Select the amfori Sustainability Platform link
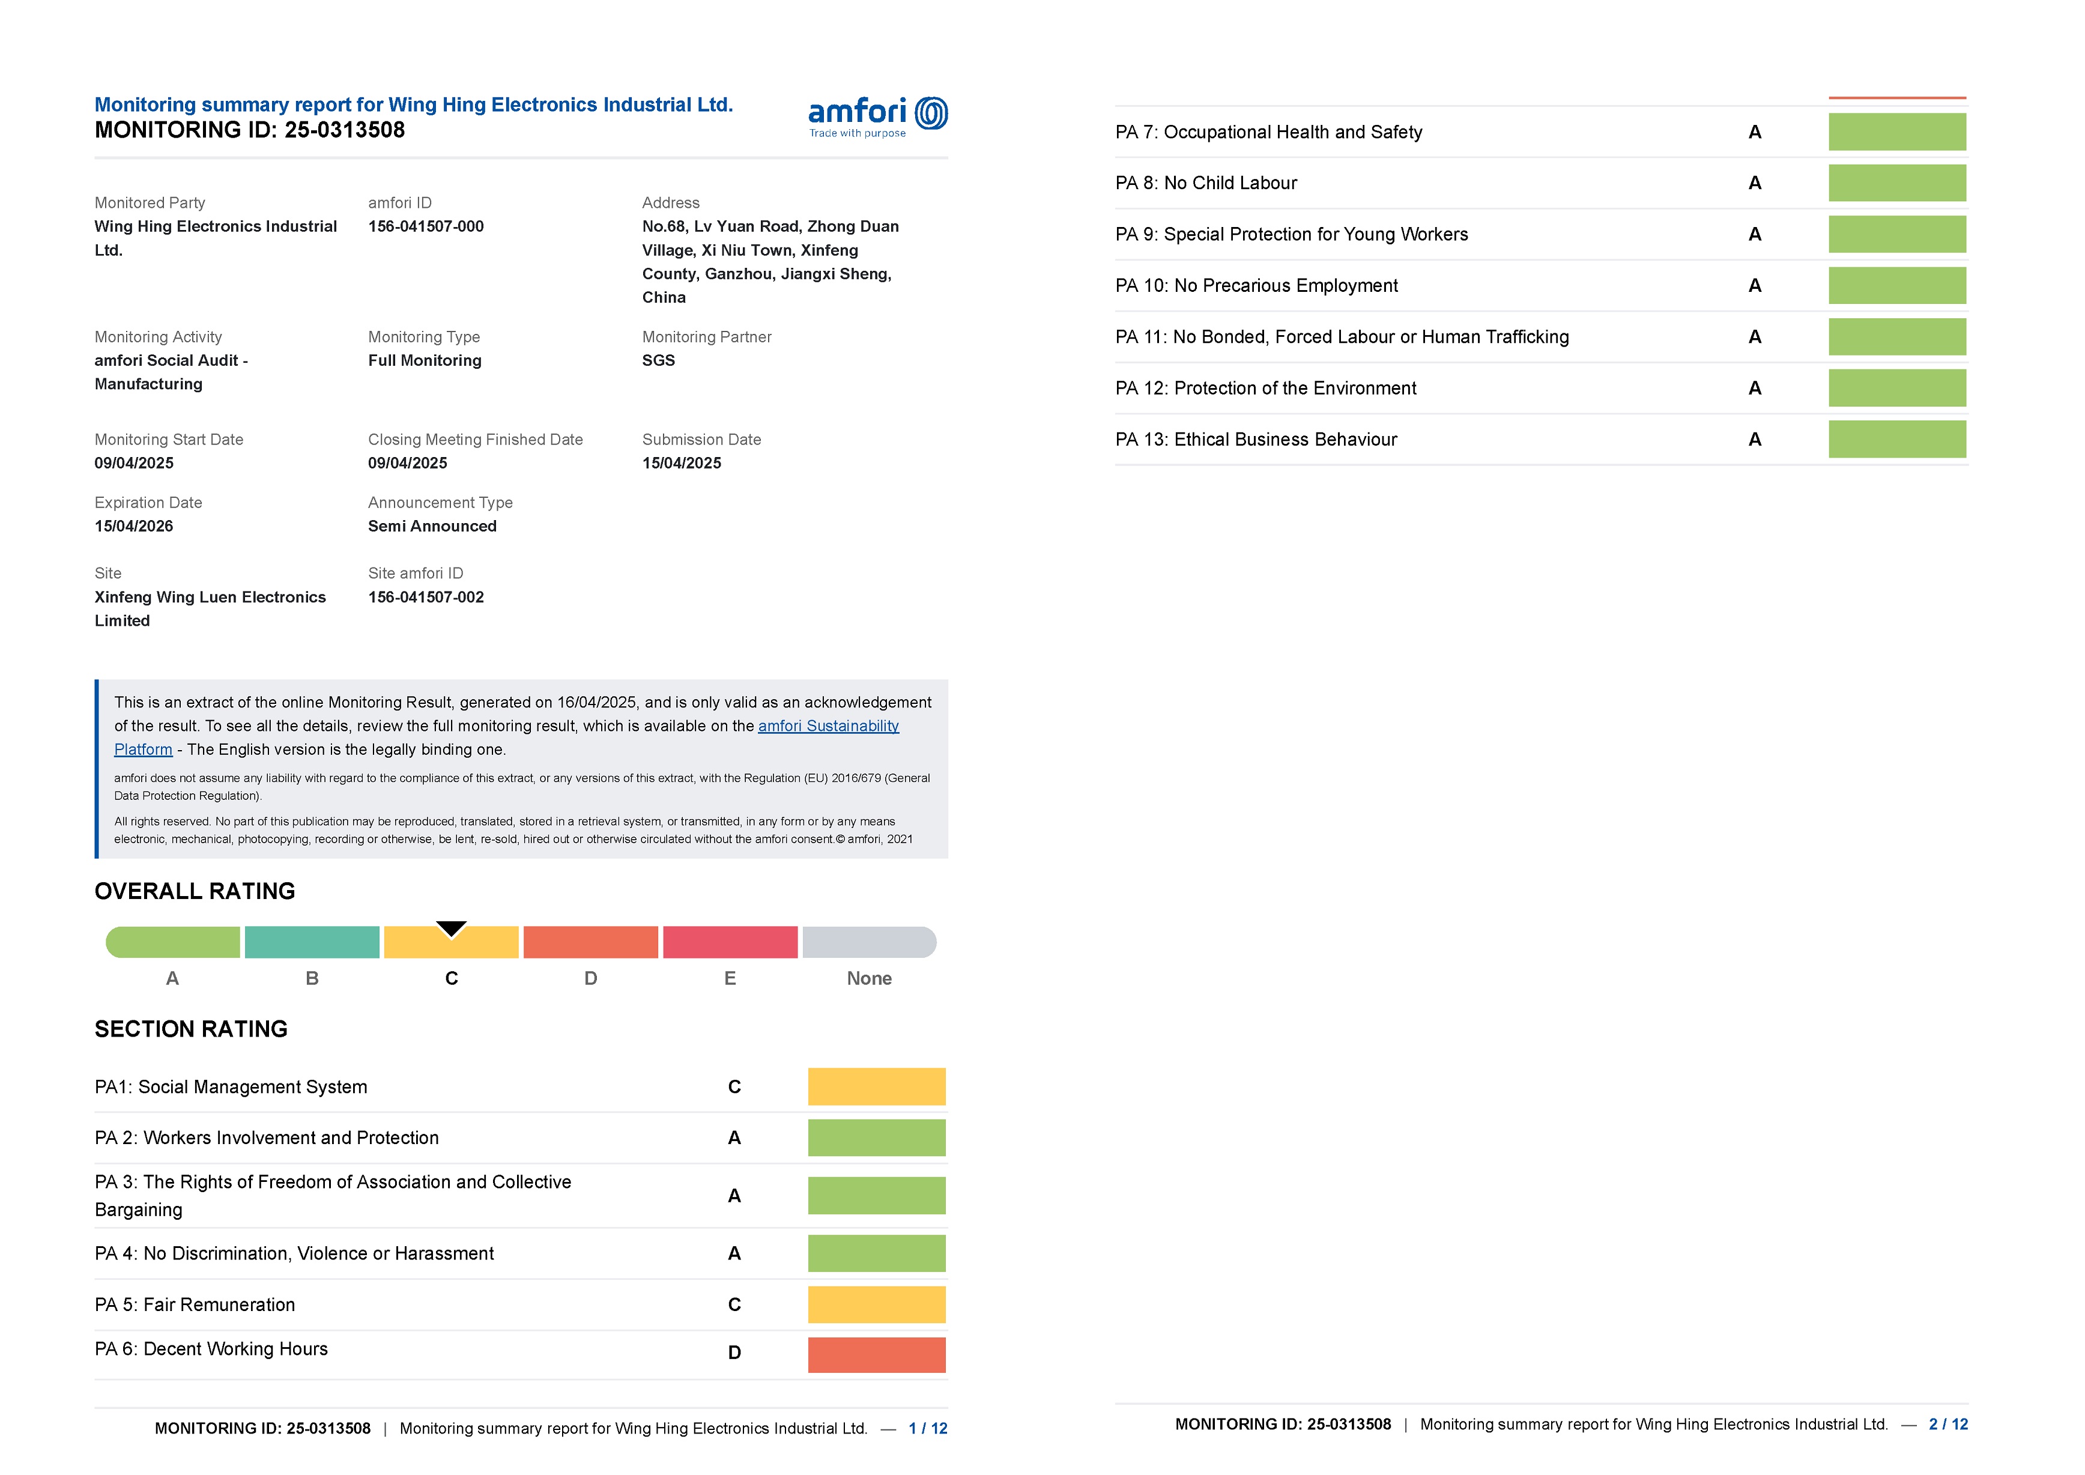tap(828, 725)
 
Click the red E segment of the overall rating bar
tap(730, 942)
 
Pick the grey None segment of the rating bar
tap(868, 942)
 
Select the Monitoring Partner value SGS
tap(658, 360)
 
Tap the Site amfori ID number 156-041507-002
tap(426, 597)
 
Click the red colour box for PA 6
tap(876, 1354)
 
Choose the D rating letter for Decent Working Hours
tap(734, 1352)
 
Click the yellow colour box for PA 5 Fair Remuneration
tap(876, 1304)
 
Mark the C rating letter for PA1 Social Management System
tap(734, 1087)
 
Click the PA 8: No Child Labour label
tap(1205, 183)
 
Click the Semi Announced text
tap(432, 526)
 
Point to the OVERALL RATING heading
tap(195, 891)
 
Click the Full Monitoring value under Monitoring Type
tap(424, 360)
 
